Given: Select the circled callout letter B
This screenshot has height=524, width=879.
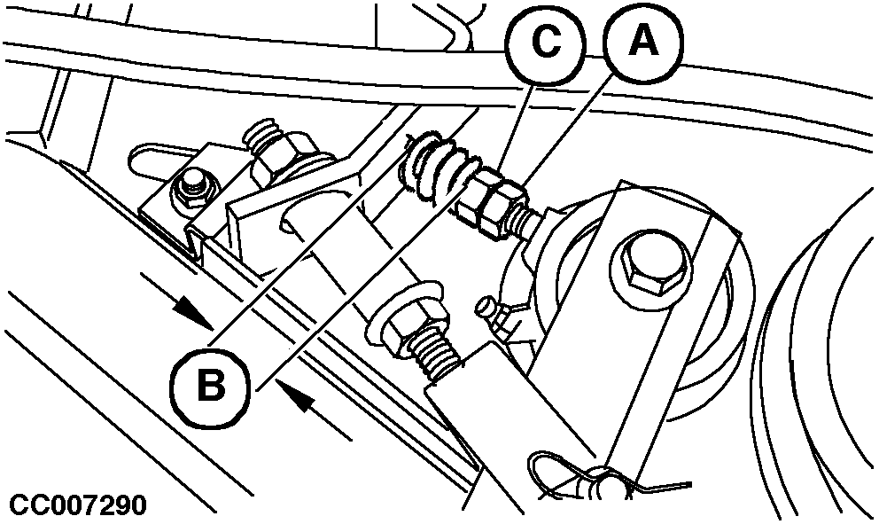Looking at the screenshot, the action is [210, 386].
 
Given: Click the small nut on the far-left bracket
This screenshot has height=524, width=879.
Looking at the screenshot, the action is [192, 189].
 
